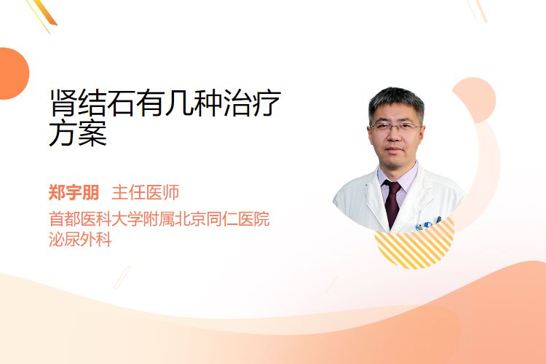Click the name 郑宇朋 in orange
point(74,192)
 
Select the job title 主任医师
point(145,192)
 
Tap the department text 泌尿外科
point(80,240)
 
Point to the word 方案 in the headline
point(78,132)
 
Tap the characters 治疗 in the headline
point(252,103)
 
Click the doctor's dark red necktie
point(392,202)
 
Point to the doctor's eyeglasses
point(395,127)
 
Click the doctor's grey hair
point(396,101)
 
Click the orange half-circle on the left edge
point(14,74)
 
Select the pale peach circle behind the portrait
point(474,100)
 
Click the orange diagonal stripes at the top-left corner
point(44,14)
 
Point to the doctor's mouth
point(394,149)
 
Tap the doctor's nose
point(394,136)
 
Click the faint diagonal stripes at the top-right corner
point(478,9)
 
